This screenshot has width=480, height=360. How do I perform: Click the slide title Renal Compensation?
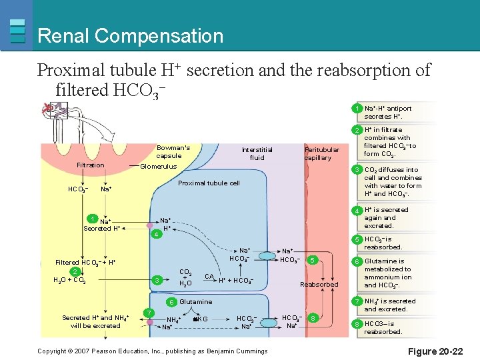[x=131, y=35]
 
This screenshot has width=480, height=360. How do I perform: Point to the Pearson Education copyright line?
[x=153, y=351]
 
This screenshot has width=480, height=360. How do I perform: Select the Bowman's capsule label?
[x=173, y=151]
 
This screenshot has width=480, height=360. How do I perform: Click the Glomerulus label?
[x=158, y=167]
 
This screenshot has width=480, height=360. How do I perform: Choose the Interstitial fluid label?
[x=257, y=154]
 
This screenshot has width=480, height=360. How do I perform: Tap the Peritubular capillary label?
[x=321, y=154]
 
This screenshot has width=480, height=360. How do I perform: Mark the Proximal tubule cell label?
[x=209, y=183]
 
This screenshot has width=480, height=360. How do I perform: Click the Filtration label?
[x=91, y=165]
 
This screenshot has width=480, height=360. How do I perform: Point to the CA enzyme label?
[x=209, y=276]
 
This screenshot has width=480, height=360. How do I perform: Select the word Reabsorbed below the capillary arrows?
[x=319, y=285]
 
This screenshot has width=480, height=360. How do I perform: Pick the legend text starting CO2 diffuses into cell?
[x=393, y=182]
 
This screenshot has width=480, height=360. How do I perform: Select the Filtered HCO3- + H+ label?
[x=85, y=263]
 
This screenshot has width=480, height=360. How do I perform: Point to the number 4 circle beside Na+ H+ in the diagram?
[x=155, y=235]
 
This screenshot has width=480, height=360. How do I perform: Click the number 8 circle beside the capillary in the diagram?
[x=313, y=319]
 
